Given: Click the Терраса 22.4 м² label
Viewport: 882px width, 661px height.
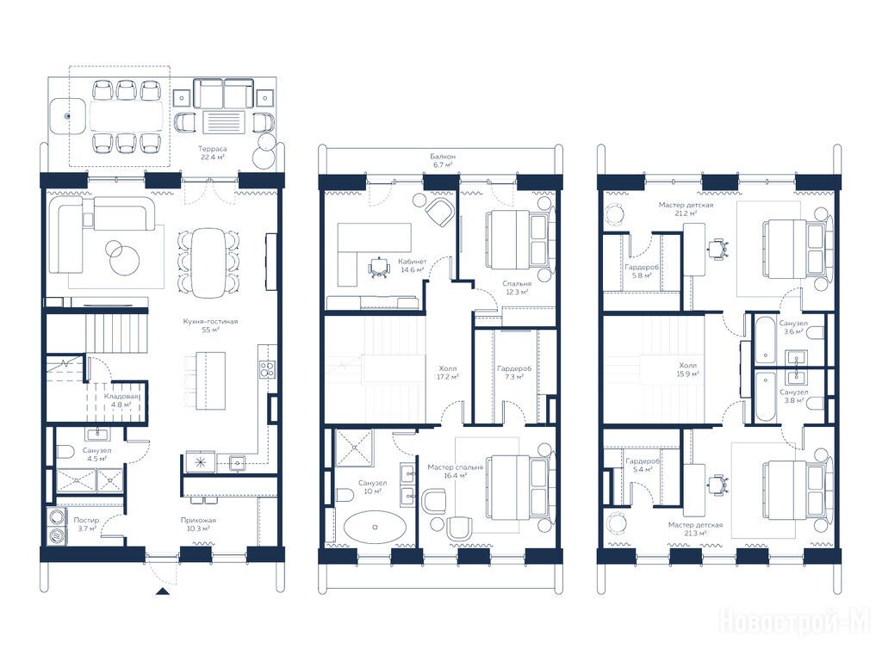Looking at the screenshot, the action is (214, 153).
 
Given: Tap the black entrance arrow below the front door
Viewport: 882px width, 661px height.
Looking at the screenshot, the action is (162, 590).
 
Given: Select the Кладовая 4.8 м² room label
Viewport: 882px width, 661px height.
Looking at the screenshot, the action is (121, 399).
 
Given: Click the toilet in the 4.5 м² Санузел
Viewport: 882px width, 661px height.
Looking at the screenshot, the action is (65, 451).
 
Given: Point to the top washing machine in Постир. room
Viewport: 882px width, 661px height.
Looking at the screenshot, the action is (57, 517).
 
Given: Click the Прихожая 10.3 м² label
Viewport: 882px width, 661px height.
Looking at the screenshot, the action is (198, 524).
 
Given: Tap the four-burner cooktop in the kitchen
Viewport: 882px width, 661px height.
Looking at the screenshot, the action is (268, 369).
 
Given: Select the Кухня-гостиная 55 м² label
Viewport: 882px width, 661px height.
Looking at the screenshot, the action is (210, 325).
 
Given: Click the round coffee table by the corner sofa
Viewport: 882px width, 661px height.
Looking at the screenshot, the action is (124, 260).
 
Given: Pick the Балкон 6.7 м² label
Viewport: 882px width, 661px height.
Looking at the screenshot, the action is (443, 160).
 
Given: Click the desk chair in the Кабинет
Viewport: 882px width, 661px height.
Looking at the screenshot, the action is (379, 268).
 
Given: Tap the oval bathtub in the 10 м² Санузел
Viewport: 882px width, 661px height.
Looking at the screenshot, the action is (374, 528).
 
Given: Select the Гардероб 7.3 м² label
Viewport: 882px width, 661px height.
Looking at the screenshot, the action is (514, 373).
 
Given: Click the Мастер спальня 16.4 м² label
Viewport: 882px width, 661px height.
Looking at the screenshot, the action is (455, 471).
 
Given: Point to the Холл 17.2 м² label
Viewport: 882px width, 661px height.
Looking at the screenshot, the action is (448, 373).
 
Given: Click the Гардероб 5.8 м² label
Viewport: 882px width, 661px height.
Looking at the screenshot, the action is (642, 271).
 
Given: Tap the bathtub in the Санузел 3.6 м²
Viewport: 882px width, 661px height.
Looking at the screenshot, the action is (765, 340).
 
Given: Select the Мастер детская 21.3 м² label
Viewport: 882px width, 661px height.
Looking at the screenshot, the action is (695, 529).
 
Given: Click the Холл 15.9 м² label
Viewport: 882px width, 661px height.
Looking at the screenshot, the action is (688, 369).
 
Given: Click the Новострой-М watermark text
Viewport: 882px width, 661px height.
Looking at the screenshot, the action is (795, 621).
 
